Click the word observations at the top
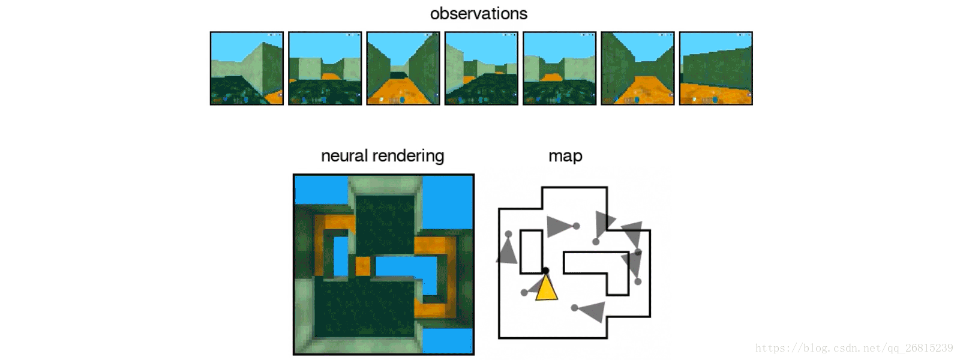478,14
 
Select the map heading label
565,156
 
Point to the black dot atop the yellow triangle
545,271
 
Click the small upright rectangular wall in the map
531,251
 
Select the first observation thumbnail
247,68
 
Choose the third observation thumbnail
403,68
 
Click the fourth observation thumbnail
481,68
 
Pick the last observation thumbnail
716,68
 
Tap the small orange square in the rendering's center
362,266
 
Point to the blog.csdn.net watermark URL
854,348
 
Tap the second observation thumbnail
325,68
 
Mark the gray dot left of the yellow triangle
524,292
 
